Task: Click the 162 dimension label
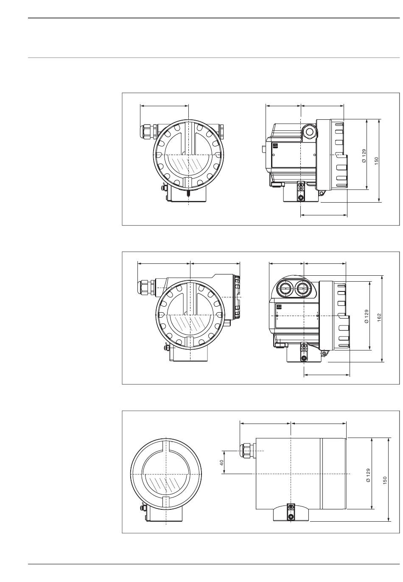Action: (x=379, y=318)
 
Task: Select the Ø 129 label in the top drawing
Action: (x=364, y=156)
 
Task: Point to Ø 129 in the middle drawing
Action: (x=367, y=316)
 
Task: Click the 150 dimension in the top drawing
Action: (x=377, y=161)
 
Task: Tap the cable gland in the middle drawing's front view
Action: (x=146, y=287)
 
